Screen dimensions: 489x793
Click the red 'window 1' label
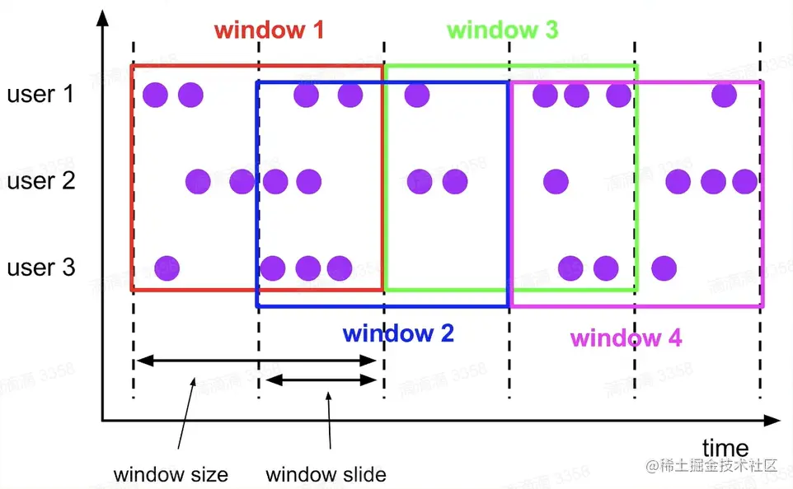tap(269, 31)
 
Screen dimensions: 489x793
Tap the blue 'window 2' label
tap(398, 333)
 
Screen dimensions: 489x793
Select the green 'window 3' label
tap(502, 31)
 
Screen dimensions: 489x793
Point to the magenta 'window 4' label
tap(626, 338)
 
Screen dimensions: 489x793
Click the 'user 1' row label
tap(40, 94)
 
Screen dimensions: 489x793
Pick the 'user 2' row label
tap(41, 180)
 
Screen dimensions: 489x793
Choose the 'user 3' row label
tap(41, 268)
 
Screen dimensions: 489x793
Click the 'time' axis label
tap(725, 448)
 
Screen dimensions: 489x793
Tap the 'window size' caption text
tap(171, 474)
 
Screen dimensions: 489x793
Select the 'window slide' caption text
tap(326, 474)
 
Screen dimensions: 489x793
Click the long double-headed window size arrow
tap(256, 361)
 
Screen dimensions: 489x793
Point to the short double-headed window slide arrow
tap(321, 380)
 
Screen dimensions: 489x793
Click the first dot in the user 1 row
tap(155, 95)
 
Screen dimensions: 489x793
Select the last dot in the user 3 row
tap(664, 268)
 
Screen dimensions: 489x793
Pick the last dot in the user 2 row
tap(744, 181)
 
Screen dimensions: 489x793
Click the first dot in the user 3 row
tap(167, 268)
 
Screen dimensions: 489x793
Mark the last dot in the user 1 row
tap(724, 95)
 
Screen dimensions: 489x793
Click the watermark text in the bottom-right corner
tap(712, 466)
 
